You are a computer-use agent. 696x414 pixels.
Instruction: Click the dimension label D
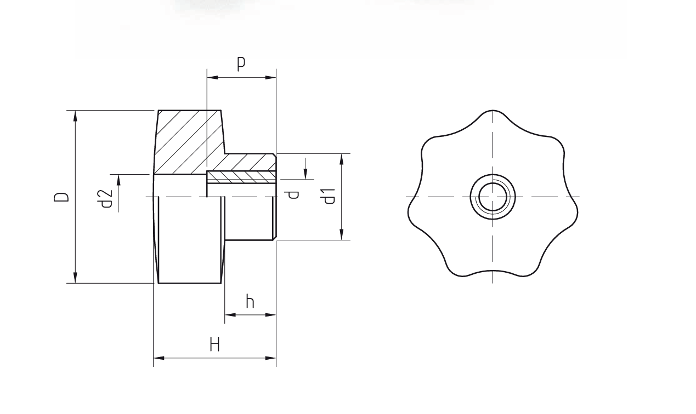click(62, 196)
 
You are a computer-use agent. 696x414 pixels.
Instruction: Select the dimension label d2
click(107, 198)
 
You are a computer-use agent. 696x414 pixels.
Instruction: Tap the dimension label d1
click(329, 196)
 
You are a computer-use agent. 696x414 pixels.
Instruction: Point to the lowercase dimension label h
click(250, 301)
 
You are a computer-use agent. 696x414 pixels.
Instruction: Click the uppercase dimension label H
click(214, 345)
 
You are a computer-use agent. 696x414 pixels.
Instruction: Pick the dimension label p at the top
click(241, 64)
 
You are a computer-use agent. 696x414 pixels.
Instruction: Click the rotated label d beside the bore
click(294, 194)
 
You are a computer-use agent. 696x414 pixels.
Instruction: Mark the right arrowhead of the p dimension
click(271, 78)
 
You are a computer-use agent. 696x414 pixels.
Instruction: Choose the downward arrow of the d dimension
click(305, 175)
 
